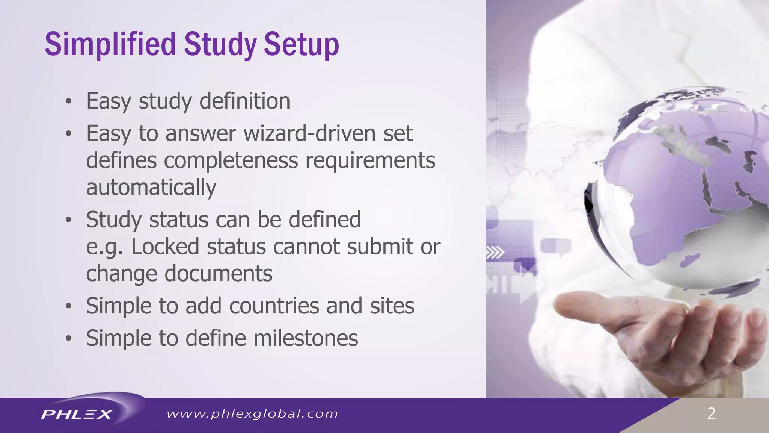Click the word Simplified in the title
[110, 44]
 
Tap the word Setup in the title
[301, 44]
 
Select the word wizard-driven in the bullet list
[309, 133]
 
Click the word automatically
[151, 188]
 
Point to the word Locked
[165, 247]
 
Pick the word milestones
[306, 338]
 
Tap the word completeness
[231, 160]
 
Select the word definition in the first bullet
[244, 101]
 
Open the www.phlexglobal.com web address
[252, 414]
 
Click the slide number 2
[711, 414]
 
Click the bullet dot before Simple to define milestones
[68, 338]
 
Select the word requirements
[370, 160]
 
